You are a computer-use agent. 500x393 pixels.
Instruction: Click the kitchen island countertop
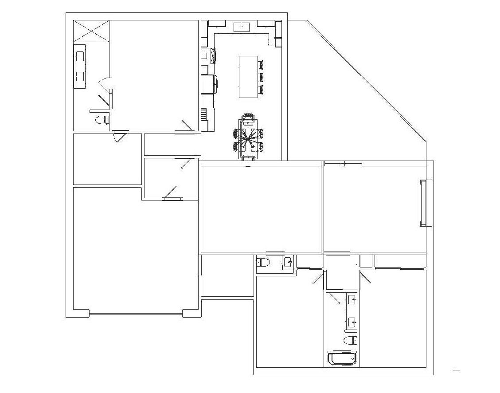point(248,76)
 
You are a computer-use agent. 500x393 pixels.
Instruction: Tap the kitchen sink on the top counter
point(242,27)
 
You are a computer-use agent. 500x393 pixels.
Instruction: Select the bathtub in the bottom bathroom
point(342,358)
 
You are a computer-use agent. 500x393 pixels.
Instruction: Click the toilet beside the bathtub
point(350,340)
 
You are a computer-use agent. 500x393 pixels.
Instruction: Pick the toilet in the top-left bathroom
point(103,119)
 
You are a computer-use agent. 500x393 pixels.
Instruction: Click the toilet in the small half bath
point(263,262)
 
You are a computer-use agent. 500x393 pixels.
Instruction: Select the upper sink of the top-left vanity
point(80,56)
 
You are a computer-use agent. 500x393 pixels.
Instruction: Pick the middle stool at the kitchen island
point(262,77)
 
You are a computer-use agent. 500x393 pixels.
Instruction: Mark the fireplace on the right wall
point(424,203)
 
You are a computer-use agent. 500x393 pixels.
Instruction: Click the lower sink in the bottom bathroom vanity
point(352,322)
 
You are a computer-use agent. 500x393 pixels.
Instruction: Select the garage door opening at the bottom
point(136,314)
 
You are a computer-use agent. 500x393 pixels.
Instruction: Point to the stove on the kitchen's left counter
point(214,56)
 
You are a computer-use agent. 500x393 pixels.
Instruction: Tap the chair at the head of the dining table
point(248,118)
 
